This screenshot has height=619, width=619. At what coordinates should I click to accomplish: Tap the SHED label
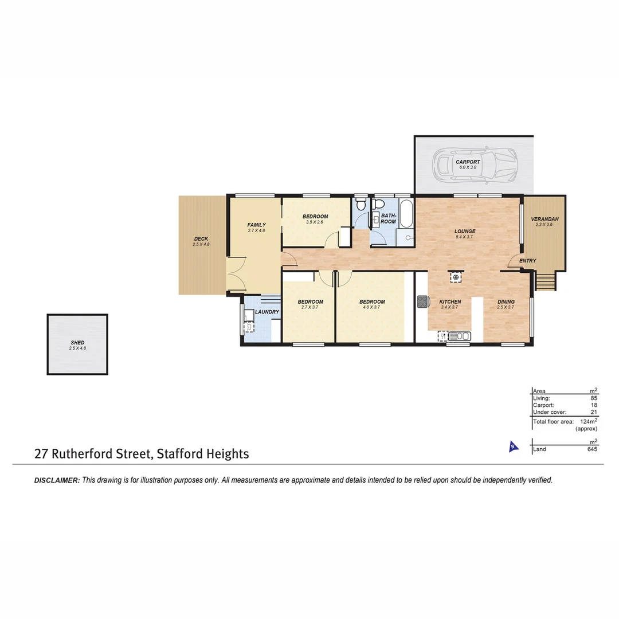point(77,343)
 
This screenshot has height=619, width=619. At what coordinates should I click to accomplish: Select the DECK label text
point(201,239)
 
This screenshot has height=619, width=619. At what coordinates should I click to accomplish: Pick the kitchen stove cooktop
point(423,301)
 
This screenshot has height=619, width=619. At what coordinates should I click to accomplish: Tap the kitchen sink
point(460,336)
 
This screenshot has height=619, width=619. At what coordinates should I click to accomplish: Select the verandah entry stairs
point(546,281)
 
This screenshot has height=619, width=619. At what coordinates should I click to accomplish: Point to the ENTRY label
point(527,261)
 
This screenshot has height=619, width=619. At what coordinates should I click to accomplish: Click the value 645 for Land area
point(592,449)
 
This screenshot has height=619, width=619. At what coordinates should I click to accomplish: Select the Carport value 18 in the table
point(594,405)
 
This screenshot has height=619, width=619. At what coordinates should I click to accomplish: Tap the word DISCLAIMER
point(57,480)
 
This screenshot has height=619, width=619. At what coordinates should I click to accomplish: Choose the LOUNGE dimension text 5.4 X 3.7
point(465,237)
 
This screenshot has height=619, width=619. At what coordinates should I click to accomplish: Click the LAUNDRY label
point(267,312)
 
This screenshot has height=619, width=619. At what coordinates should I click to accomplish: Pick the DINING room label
point(506,302)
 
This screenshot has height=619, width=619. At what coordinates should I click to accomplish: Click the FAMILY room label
point(256,225)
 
